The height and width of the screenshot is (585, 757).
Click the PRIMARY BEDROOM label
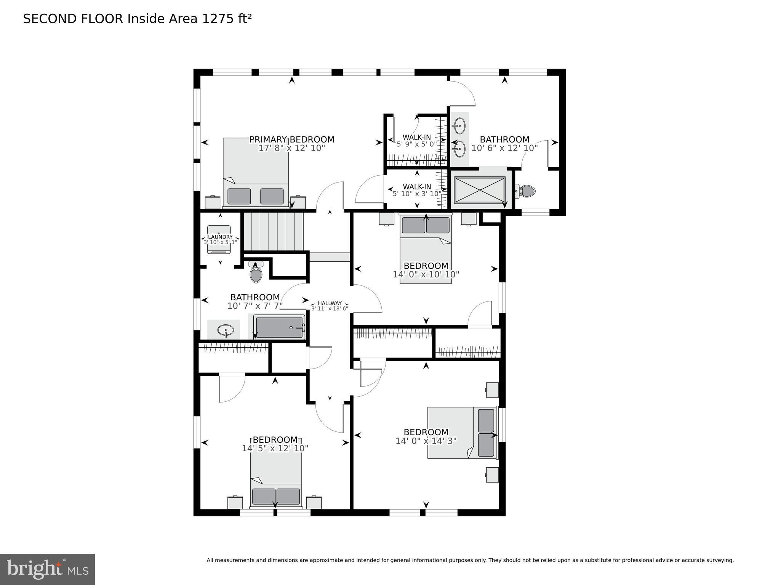coord(291,139)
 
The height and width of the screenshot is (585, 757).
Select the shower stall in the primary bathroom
coord(480,190)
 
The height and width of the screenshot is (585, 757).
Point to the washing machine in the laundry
coord(219,239)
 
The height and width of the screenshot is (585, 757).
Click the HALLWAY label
coord(330,303)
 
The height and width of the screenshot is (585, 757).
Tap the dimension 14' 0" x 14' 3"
coord(426,441)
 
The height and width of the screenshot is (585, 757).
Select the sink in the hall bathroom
coord(226,330)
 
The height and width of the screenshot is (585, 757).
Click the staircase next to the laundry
coord(273,231)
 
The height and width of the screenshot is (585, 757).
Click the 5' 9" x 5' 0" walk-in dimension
coord(416,144)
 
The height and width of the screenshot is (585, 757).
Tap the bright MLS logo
coord(47,569)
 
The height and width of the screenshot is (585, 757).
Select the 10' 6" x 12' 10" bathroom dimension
coord(504,148)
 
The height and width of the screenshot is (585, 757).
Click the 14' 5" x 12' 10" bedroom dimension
coord(275,449)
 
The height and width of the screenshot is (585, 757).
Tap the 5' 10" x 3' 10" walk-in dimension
coord(417,194)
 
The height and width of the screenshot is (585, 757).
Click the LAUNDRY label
coord(220,237)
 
